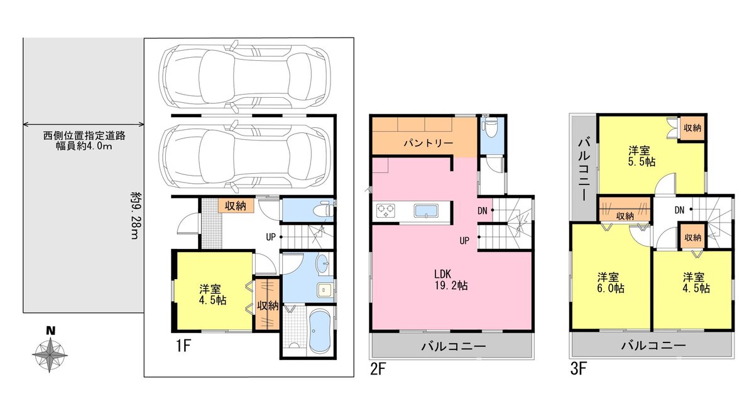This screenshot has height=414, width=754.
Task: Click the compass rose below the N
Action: coord(50,355)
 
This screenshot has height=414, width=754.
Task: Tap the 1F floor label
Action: coord(183,346)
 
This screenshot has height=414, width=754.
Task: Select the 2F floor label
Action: coord(378,369)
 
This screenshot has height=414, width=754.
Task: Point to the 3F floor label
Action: coord(579,369)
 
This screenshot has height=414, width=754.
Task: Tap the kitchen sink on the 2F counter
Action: coord(426,211)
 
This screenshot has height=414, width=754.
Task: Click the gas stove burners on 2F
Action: coord(386,211)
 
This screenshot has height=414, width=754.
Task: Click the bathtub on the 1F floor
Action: coord(319,331)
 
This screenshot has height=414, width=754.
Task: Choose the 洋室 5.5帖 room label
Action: coord(642,156)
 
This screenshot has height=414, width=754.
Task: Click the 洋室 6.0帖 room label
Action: coord(610,283)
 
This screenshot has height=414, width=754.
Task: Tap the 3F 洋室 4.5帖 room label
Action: coord(696,283)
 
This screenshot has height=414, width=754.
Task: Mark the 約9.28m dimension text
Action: coord(135,215)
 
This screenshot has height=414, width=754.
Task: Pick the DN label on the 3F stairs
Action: coord(679,210)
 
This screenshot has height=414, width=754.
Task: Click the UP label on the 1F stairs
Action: coord(271,237)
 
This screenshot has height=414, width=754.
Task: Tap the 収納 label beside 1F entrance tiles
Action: coord(235,206)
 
